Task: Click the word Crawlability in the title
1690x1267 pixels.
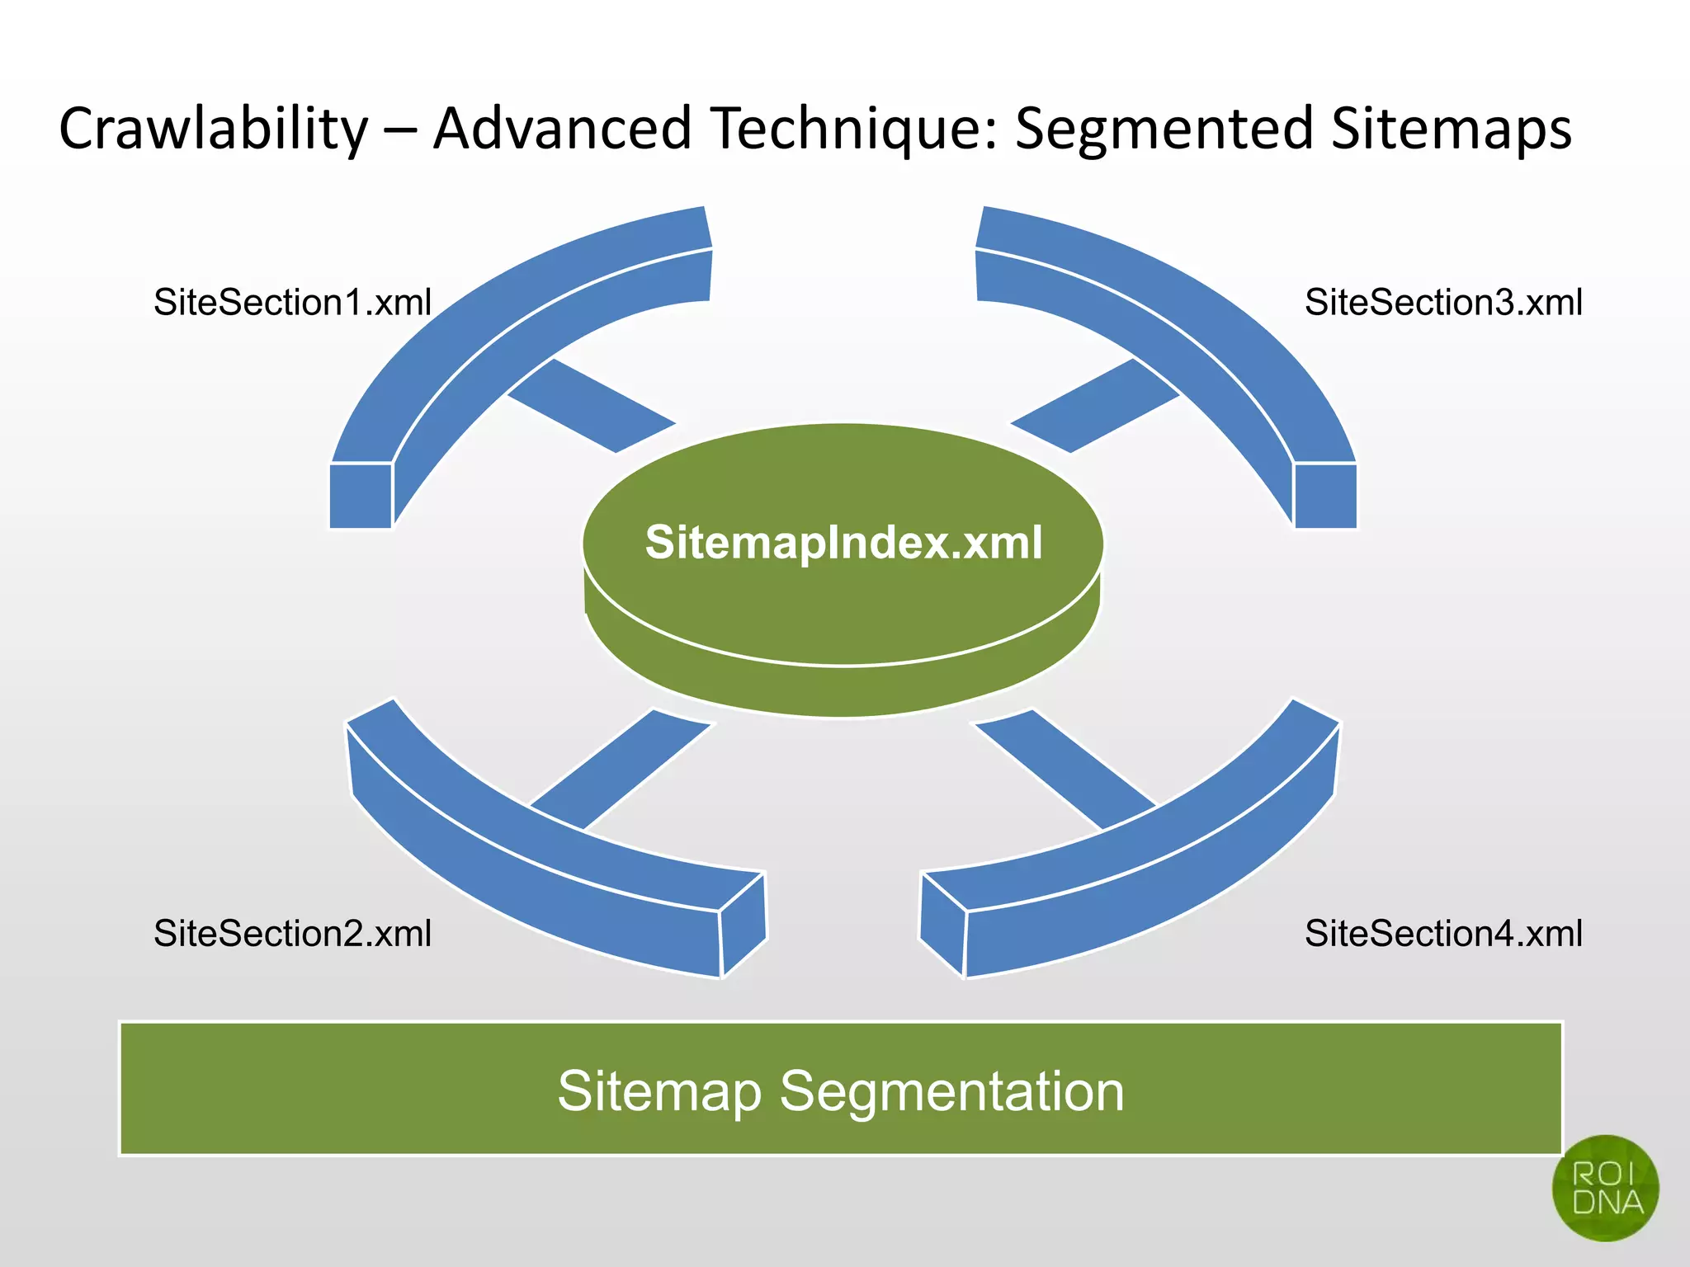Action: pos(213,130)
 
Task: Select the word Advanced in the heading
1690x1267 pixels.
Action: pos(562,130)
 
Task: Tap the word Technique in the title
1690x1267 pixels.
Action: pos(855,130)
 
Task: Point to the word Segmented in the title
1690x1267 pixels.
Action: pos(1164,130)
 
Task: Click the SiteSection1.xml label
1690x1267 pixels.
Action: pos(292,303)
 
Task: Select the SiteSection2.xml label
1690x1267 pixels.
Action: pos(292,934)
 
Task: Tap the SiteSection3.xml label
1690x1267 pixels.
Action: pos(1443,303)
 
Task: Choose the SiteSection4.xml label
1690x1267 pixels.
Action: pos(1443,934)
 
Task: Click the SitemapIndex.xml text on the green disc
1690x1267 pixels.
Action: pos(843,543)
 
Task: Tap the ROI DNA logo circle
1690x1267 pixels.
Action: pos(1605,1188)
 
